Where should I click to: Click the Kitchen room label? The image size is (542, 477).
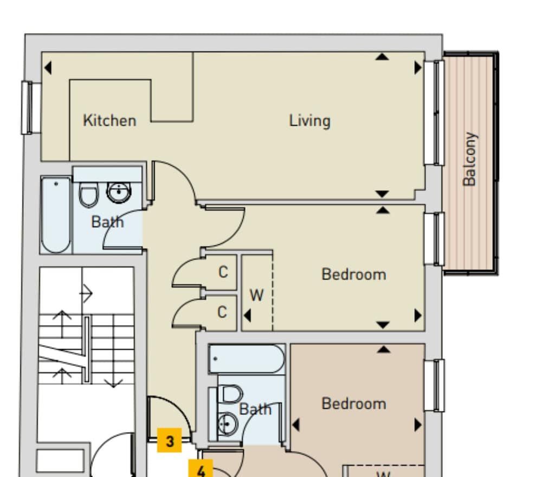[109, 120]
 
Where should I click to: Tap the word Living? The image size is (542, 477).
[309, 120]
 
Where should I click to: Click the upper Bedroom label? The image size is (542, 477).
[354, 274]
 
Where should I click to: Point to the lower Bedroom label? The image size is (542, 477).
[354, 404]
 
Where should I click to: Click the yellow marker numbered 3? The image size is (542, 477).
[170, 441]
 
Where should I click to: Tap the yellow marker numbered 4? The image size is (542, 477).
[201, 469]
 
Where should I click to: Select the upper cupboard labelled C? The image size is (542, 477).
[223, 272]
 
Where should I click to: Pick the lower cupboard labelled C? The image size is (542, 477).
[222, 313]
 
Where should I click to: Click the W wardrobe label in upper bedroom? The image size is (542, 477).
[256, 296]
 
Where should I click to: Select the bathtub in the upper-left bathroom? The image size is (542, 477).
[56, 215]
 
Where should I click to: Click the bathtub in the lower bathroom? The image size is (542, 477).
[247, 359]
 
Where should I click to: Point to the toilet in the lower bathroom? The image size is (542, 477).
[230, 394]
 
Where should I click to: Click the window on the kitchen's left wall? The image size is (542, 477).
[27, 107]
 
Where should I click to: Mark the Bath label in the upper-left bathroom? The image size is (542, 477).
[107, 222]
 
